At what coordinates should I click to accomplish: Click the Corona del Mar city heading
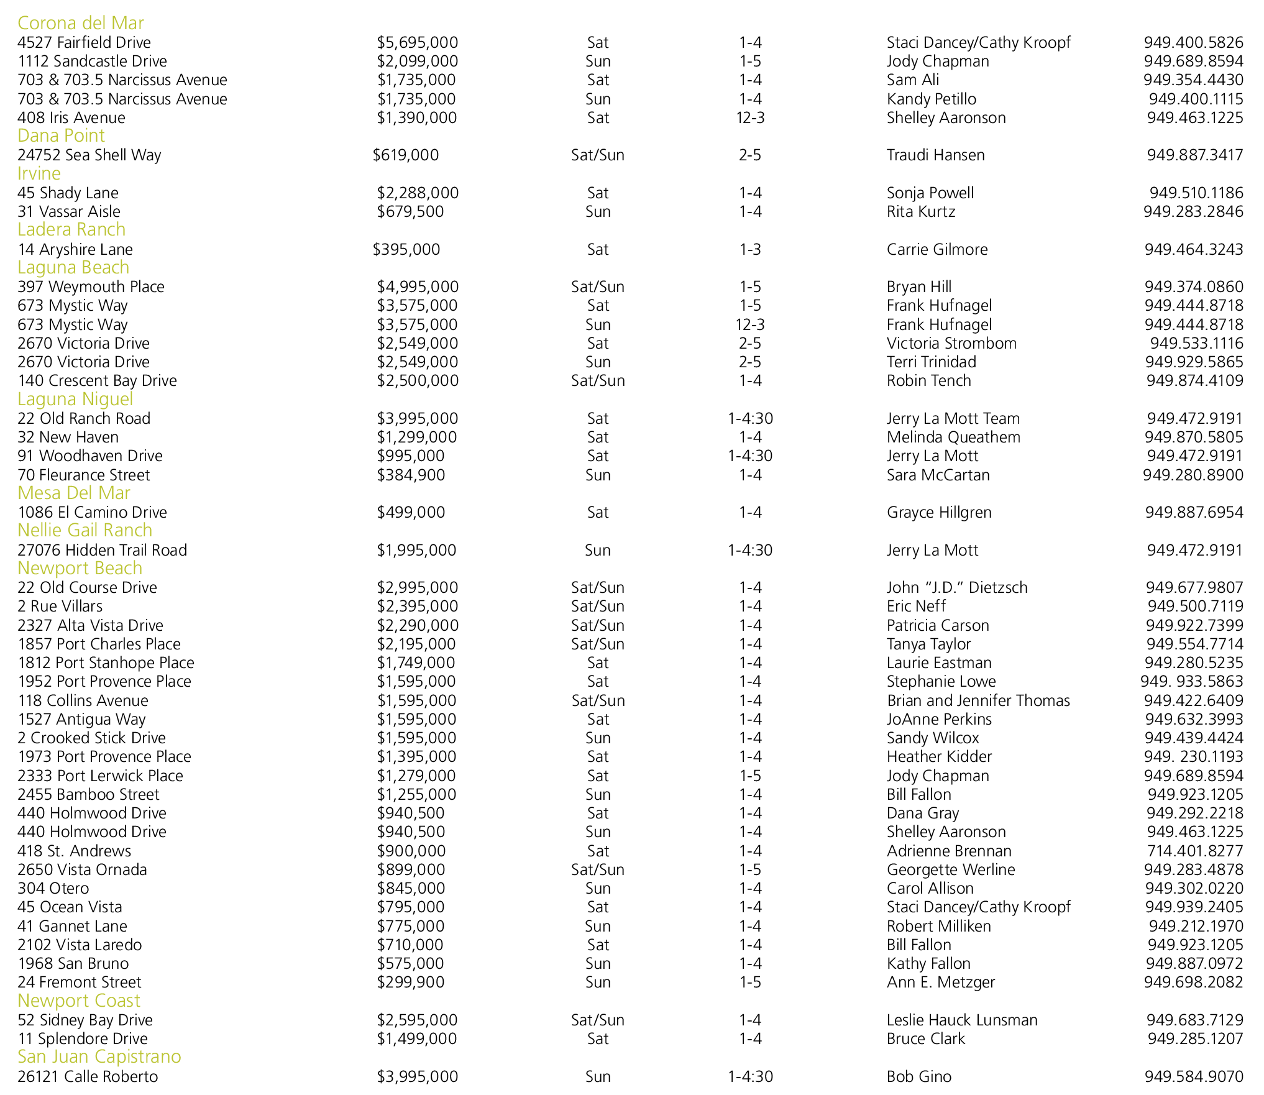[81, 23]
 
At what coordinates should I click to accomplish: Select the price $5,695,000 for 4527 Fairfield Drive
[417, 42]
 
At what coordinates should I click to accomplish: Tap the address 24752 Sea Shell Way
[89, 155]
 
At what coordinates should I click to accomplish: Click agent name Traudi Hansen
[935, 155]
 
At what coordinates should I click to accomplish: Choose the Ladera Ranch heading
[71, 230]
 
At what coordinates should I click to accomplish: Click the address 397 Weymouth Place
[91, 286]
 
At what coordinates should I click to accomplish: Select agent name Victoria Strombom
[951, 343]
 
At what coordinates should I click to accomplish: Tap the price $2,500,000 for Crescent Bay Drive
[418, 380]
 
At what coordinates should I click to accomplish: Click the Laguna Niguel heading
[75, 399]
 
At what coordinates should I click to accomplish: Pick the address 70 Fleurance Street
[84, 475]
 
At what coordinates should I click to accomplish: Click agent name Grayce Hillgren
[939, 512]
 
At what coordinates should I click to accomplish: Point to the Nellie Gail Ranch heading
[85, 531]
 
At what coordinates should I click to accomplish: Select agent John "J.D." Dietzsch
[957, 587]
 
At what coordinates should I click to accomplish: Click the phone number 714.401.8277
[1195, 851]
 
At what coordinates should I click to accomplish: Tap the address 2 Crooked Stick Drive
[91, 738]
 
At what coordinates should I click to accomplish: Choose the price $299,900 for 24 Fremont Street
[411, 982]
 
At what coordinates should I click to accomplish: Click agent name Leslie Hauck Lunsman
[962, 1020]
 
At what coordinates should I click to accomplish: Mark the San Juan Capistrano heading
[99, 1057]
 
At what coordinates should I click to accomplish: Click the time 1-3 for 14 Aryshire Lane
[750, 249]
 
